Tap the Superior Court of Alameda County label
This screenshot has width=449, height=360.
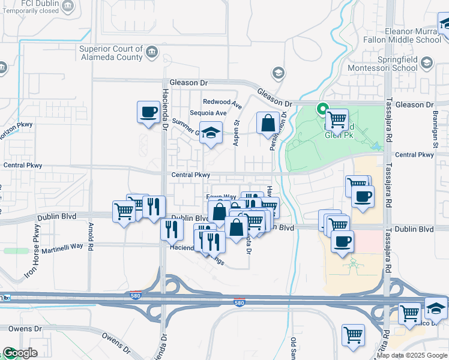pos(111,53)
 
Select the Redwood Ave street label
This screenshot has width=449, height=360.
pos(222,102)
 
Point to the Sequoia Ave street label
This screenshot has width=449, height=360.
pos(208,113)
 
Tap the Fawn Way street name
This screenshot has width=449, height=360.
pos(221,197)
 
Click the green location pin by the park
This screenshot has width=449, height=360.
pos(322,109)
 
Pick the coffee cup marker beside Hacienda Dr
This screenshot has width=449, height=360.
pos(148,112)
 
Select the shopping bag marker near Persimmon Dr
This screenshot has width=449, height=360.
pos(268,124)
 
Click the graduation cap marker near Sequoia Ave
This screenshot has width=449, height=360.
pos(211,133)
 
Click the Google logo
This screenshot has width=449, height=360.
pos(20,353)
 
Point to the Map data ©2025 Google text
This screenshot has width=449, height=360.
pos(412,356)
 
